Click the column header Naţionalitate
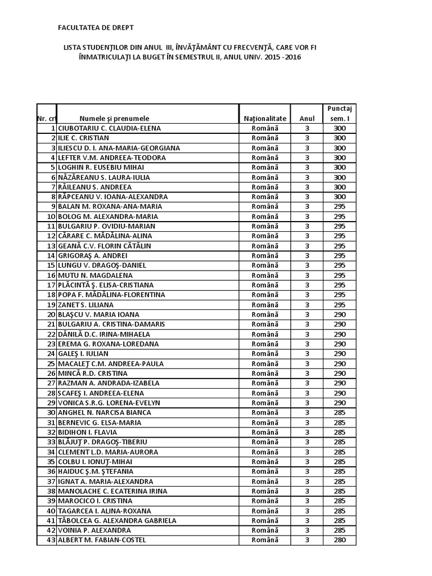[265, 119]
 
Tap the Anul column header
[307, 119]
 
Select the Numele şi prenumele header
[114, 119]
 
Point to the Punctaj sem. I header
[340, 113]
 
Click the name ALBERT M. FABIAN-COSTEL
[101, 540]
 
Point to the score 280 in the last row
[340, 540]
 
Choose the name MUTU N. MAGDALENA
[94, 275]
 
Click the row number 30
[51, 412]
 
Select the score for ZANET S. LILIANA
[340, 304]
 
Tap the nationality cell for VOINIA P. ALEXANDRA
[265, 530]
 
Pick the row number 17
[51, 285]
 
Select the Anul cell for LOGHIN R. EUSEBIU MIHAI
[307, 167]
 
